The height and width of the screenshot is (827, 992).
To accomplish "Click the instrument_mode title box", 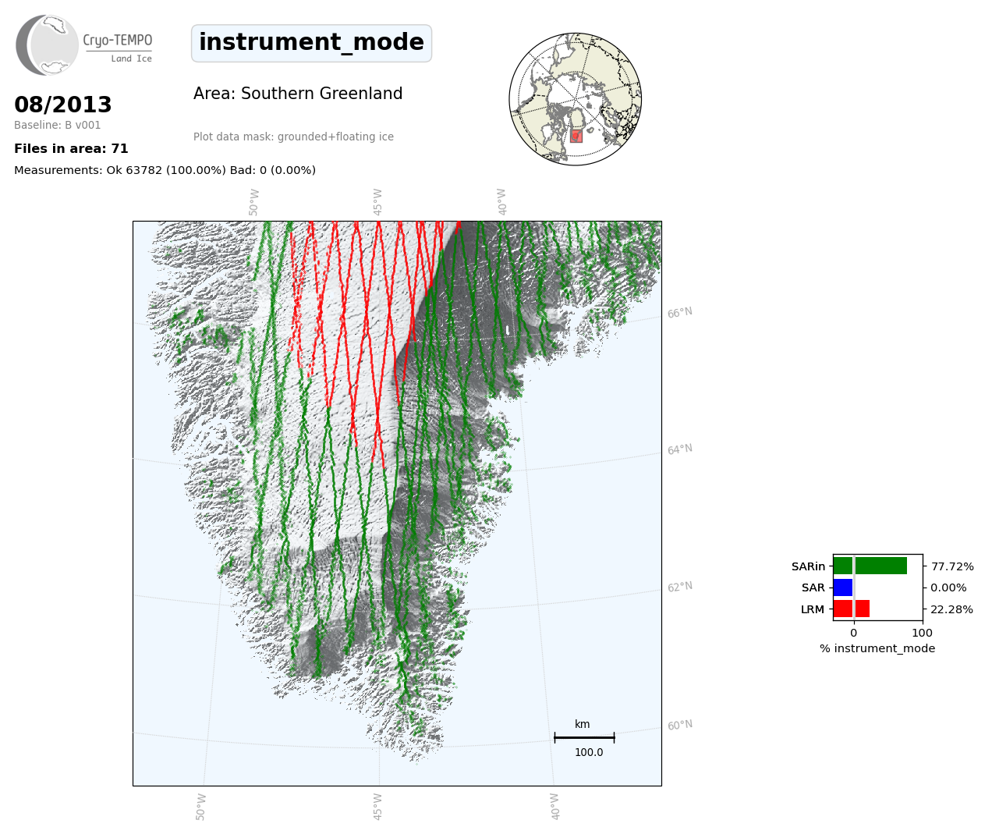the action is [x=311, y=43].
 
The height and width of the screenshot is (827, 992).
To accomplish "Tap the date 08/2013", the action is [x=62, y=105].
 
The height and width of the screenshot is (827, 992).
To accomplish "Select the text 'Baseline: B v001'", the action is [x=58, y=125].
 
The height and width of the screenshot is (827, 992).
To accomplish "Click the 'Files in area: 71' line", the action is [x=71, y=149].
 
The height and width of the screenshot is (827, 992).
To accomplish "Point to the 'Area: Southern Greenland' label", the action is [x=298, y=94].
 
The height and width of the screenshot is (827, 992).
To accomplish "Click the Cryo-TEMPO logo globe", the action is [x=47, y=44].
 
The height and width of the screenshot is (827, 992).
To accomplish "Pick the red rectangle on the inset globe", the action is [x=576, y=136].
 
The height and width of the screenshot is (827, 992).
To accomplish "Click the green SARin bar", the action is [x=870, y=566].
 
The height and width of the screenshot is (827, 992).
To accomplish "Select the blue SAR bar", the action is [x=843, y=587].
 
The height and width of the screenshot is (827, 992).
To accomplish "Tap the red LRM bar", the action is [x=852, y=609].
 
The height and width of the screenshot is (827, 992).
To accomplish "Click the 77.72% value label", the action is [x=952, y=566].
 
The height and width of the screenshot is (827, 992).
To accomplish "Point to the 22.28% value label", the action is [x=951, y=609].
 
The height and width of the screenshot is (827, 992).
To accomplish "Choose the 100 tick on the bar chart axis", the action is [x=922, y=633].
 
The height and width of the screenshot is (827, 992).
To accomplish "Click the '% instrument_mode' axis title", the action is [x=877, y=648].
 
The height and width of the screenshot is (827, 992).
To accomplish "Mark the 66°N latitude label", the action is [x=680, y=312].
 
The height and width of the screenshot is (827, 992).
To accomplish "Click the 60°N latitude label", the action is [x=680, y=725].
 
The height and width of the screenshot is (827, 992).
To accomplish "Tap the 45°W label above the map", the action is [x=377, y=202].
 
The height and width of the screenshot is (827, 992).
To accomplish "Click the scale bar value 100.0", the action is [x=589, y=752].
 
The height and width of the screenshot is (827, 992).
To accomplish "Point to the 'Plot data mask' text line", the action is [x=293, y=137].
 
